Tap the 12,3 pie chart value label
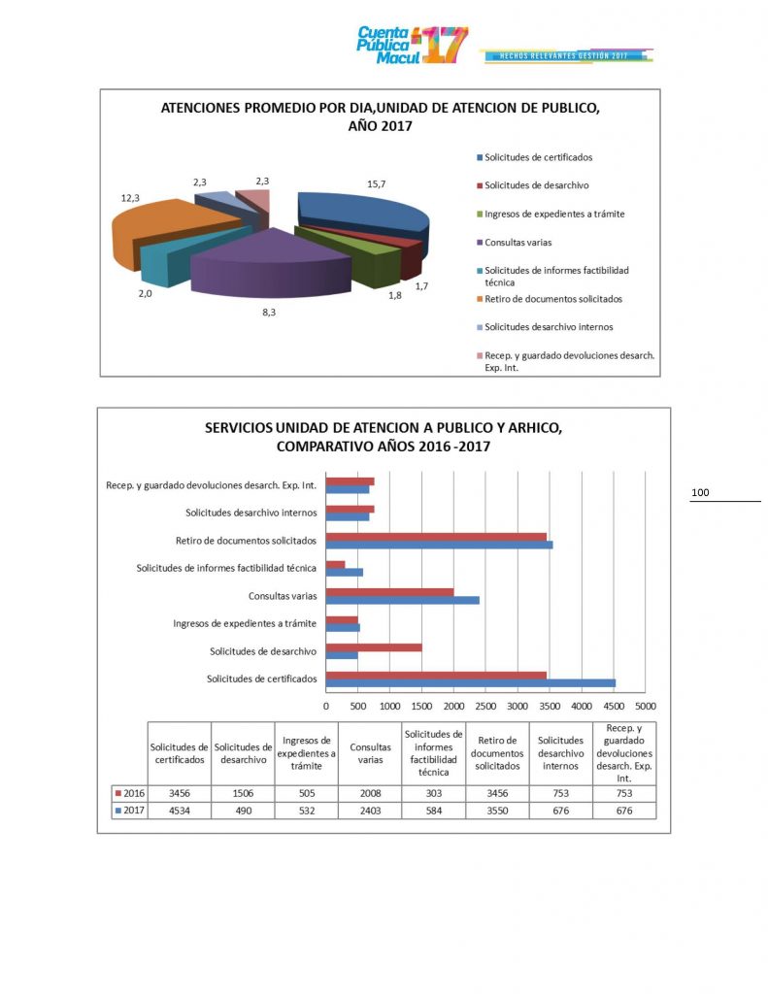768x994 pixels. coord(132,197)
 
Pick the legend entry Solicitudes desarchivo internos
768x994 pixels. coord(549,326)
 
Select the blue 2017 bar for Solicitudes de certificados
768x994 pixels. coord(470,682)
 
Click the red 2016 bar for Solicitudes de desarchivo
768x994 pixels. coord(374,646)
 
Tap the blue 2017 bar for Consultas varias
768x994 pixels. coord(402,600)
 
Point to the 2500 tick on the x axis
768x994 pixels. coord(485,707)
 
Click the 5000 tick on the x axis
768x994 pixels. coord(645,707)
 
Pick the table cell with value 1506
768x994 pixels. coord(242,793)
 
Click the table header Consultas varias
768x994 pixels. coord(370,753)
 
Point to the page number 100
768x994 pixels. coord(700,493)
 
